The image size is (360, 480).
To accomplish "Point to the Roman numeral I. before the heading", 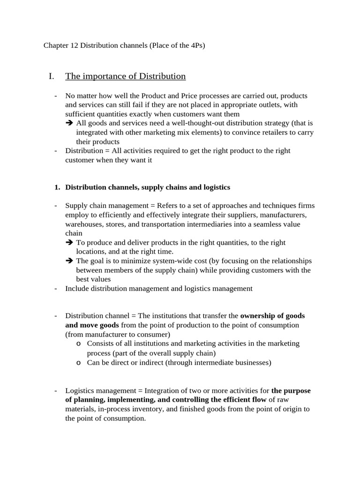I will point(52,76).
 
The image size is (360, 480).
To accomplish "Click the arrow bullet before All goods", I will point(69,123).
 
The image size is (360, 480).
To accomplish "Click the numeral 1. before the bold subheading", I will point(57,187).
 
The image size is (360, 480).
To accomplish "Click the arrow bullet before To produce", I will point(69,243).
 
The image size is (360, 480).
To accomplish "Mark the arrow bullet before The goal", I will point(69,261).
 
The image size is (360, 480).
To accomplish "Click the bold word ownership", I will point(259,316).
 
